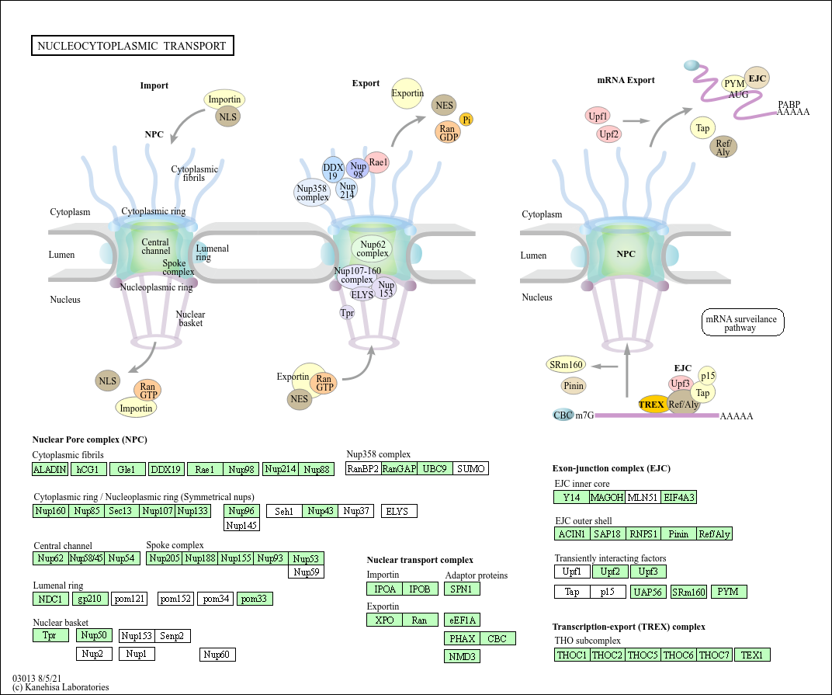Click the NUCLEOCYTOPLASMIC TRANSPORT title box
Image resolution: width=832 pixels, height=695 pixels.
click(133, 46)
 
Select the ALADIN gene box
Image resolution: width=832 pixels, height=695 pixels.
click(50, 469)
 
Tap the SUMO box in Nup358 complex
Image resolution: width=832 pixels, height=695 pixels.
click(470, 469)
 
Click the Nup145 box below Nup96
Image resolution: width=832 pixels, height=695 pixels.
click(241, 525)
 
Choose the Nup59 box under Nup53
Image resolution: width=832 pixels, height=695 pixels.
click(306, 572)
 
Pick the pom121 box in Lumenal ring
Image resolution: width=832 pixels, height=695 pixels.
click(130, 599)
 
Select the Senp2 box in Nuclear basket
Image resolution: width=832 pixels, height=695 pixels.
click(172, 635)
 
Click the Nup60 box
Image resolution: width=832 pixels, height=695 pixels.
click(217, 655)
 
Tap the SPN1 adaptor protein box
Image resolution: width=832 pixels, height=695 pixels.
click(462, 589)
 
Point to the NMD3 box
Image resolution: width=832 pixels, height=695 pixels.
click(462, 656)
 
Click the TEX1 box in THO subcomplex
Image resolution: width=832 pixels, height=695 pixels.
click(752, 655)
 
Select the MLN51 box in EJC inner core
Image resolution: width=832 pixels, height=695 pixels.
click(643, 497)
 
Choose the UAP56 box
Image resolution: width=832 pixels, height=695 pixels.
click(648, 592)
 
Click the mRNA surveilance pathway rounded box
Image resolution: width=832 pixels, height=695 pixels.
click(742, 322)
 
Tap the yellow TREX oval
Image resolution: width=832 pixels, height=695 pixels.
click(652, 404)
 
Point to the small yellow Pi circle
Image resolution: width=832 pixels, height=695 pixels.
click(466, 120)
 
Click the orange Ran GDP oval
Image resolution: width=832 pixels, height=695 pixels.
click(449, 132)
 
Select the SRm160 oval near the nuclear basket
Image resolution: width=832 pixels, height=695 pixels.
click(566, 364)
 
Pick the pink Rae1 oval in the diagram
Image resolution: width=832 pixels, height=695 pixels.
click(377, 162)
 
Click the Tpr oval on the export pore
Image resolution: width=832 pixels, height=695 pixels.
click(347, 313)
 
